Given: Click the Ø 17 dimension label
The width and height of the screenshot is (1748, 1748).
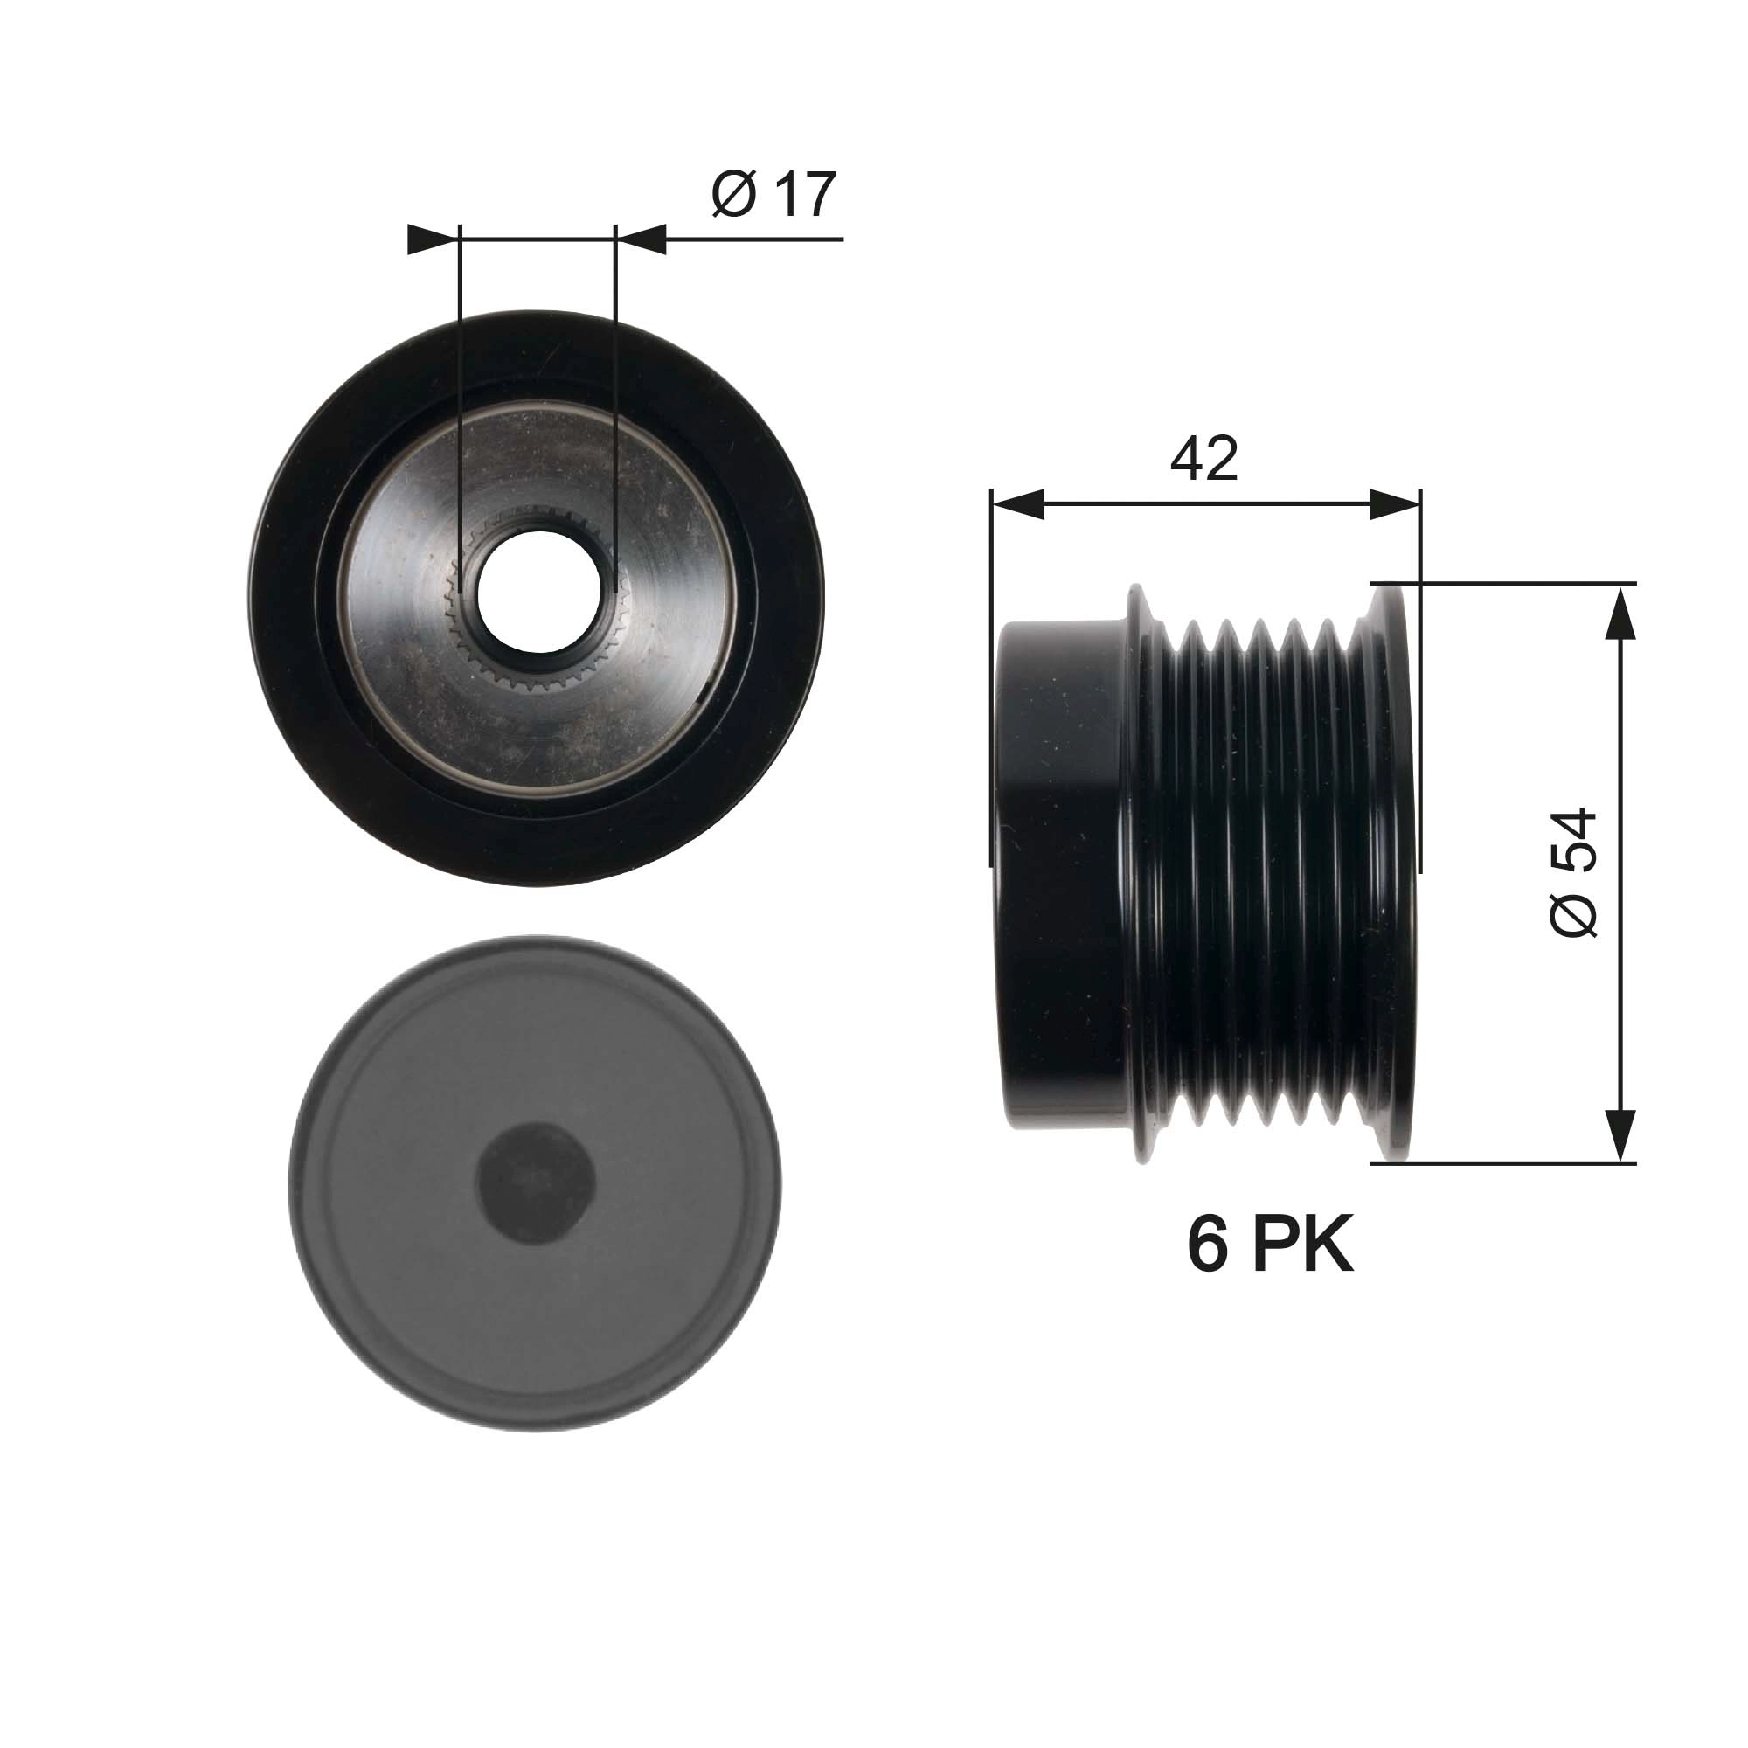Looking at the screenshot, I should (773, 194).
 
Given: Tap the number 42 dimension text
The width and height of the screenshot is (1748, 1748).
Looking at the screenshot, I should (1203, 459).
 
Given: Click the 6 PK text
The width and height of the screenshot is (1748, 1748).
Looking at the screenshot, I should (1269, 1245).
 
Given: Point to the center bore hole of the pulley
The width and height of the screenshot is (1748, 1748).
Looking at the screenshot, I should (538, 590).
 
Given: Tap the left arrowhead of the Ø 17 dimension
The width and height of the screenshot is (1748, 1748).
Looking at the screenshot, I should (430, 239).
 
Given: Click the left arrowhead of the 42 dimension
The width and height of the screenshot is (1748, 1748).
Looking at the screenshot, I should (1017, 505).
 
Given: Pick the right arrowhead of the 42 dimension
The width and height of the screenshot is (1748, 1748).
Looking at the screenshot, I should (1394, 505).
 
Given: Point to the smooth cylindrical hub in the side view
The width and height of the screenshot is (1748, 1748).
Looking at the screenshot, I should (1058, 873).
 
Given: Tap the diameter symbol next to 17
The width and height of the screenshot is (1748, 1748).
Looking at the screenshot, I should (733, 195).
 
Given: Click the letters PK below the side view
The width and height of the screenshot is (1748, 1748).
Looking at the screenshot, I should (1303, 1245).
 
